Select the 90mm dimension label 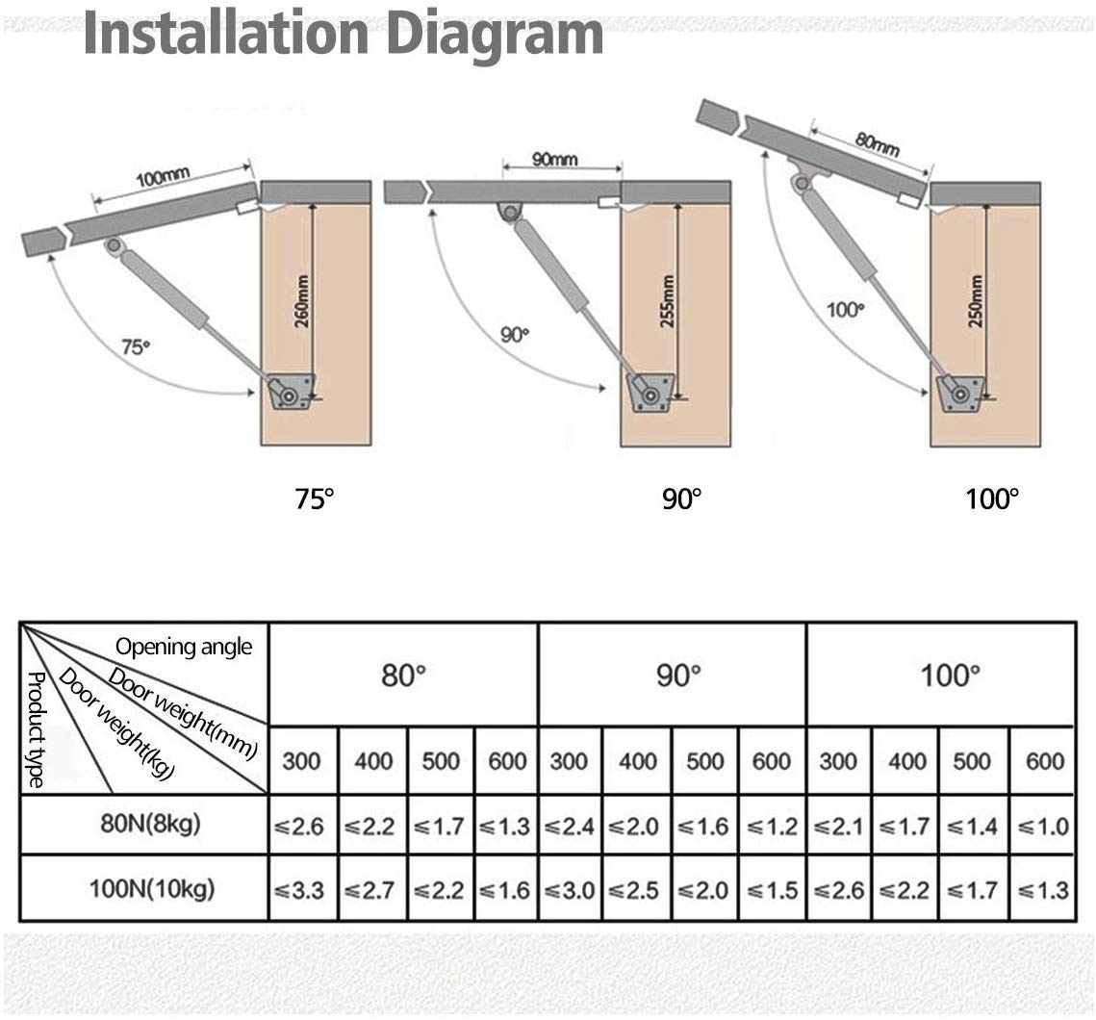pos(554,159)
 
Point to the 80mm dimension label pos(877,143)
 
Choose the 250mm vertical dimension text pos(977,301)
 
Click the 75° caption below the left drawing pos(314,498)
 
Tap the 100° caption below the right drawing pos(992,498)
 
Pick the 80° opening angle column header pos(403,675)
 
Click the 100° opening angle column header pos(950,675)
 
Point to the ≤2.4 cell pos(571,826)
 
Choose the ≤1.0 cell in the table pos(1041,826)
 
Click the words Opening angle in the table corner pos(184,647)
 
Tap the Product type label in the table pos(36,728)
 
